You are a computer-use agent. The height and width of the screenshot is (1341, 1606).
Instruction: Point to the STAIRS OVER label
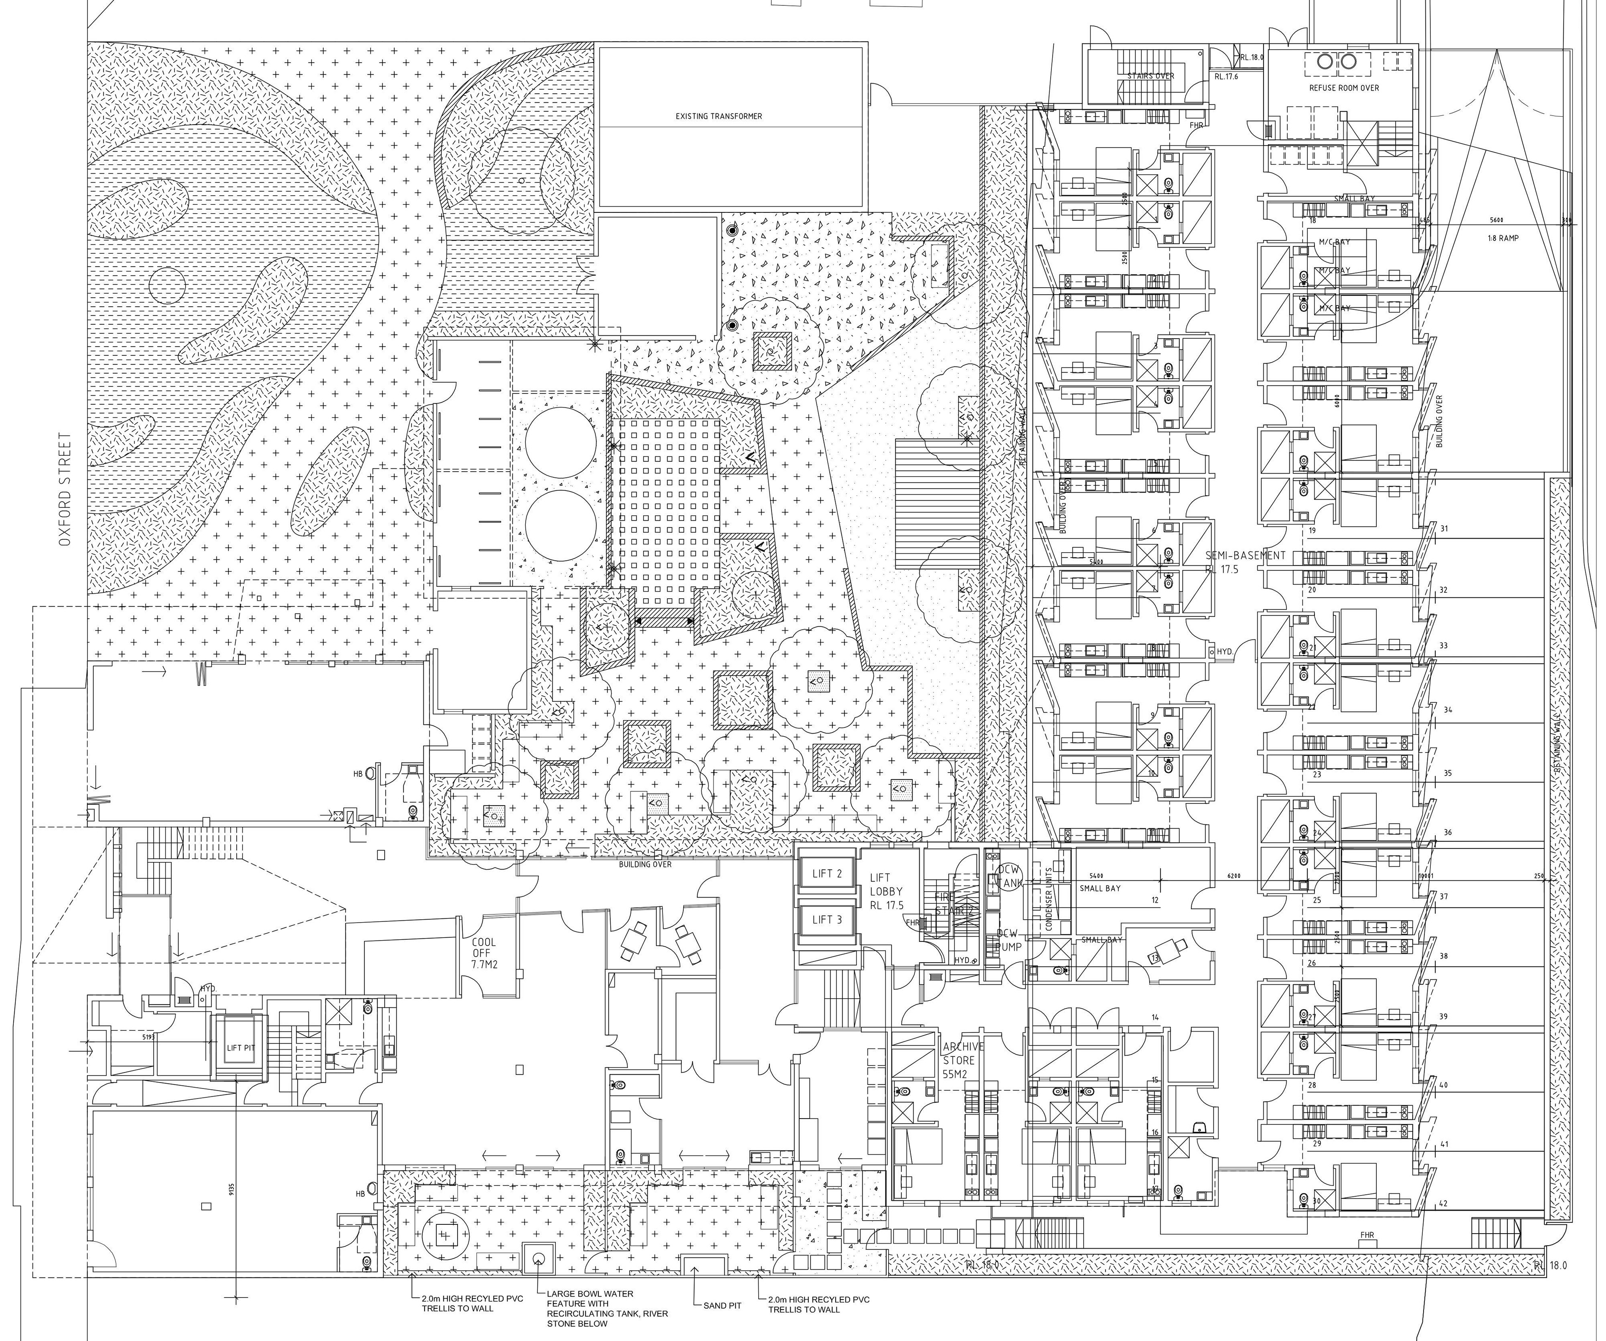pyautogui.click(x=1150, y=76)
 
